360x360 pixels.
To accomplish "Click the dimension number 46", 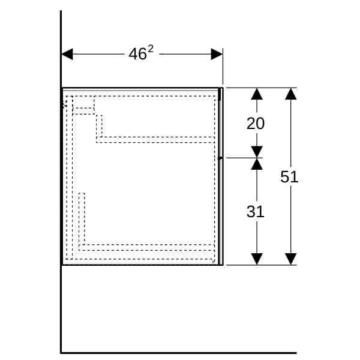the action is (x=137, y=54).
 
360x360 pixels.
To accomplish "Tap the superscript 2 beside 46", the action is (x=151, y=49).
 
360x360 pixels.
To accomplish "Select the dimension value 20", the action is (x=256, y=124).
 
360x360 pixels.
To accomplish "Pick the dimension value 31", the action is (x=256, y=211).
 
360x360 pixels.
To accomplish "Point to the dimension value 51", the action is (x=289, y=177).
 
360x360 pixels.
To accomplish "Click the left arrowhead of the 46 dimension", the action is (x=67, y=54).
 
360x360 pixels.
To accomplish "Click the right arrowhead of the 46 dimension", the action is (x=217, y=54).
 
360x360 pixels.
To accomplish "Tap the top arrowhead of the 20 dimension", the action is (x=257, y=94).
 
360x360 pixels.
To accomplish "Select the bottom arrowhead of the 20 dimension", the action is (x=257, y=152).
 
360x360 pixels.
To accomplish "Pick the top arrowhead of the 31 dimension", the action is (x=257, y=164).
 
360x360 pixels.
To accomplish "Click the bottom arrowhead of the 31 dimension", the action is (x=257, y=259).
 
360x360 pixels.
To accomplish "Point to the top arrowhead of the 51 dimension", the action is (x=290, y=94).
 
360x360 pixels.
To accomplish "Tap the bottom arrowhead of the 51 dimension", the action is (x=290, y=259).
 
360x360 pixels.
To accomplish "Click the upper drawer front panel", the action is (x=221, y=122).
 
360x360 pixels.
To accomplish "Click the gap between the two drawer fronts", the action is (x=221, y=158).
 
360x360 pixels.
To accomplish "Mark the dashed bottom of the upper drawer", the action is (x=155, y=140).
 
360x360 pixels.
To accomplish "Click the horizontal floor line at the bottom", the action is (x=179, y=353).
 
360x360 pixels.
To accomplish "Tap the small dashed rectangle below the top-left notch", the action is (x=83, y=111).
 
